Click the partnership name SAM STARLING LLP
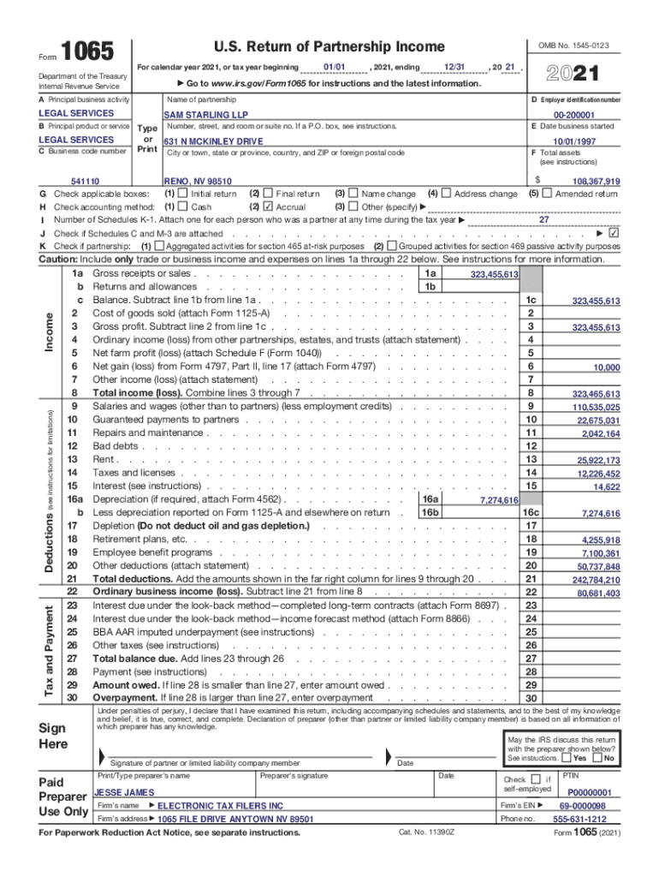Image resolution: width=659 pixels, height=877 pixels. pos(199,114)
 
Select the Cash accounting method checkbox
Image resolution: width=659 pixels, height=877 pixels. pos(183,206)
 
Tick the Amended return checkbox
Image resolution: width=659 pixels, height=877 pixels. pos(548,194)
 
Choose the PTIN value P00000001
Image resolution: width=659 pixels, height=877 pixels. pos(590,793)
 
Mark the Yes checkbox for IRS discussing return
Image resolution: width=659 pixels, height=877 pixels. pos(567,758)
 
